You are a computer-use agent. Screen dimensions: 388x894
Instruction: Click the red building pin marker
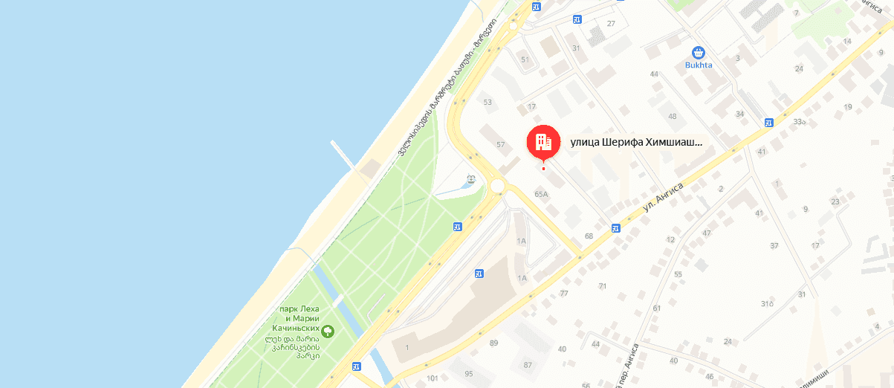[543, 141]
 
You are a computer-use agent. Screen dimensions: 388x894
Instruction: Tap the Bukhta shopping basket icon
[698, 53]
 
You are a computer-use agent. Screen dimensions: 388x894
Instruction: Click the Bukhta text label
[699, 65]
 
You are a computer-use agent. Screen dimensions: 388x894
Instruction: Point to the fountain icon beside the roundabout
[470, 180]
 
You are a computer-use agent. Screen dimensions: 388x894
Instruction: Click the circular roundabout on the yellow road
[498, 186]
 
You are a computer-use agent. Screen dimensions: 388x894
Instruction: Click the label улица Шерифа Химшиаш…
[635, 141]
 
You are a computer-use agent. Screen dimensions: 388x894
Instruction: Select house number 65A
[541, 194]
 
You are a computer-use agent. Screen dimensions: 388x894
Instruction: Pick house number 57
[500, 144]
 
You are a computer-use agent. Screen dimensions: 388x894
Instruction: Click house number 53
[488, 103]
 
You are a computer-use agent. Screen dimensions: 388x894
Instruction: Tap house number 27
[611, 24]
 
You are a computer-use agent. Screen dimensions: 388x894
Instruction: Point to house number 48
[673, 117]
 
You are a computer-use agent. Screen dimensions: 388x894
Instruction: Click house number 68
[589, 236]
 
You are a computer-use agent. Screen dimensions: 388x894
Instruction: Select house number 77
[564, 294]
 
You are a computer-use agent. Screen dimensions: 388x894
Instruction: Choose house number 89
[493, 343]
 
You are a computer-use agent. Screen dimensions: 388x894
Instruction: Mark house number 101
[433, 379]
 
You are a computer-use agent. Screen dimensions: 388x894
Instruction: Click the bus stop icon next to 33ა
[768, 123]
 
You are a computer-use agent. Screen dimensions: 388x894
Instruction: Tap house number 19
[848, 108]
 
